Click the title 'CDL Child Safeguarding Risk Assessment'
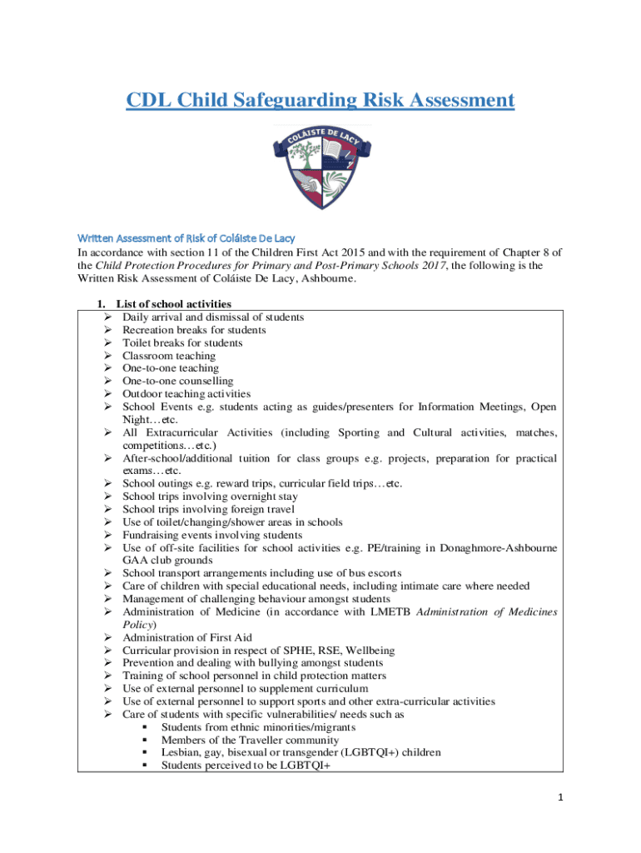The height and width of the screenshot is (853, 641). point(320,101)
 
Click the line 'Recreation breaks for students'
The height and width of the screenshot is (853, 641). point(194,330)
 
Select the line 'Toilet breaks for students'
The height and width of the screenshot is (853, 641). point(182,342)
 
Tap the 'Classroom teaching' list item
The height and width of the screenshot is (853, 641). point(168,356)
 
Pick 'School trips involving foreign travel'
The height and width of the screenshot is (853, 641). point(208,509)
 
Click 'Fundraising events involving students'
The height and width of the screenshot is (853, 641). point(212,535)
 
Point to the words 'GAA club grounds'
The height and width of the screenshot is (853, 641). point(171,561)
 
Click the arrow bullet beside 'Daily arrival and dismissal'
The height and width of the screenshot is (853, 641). point(108,317)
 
